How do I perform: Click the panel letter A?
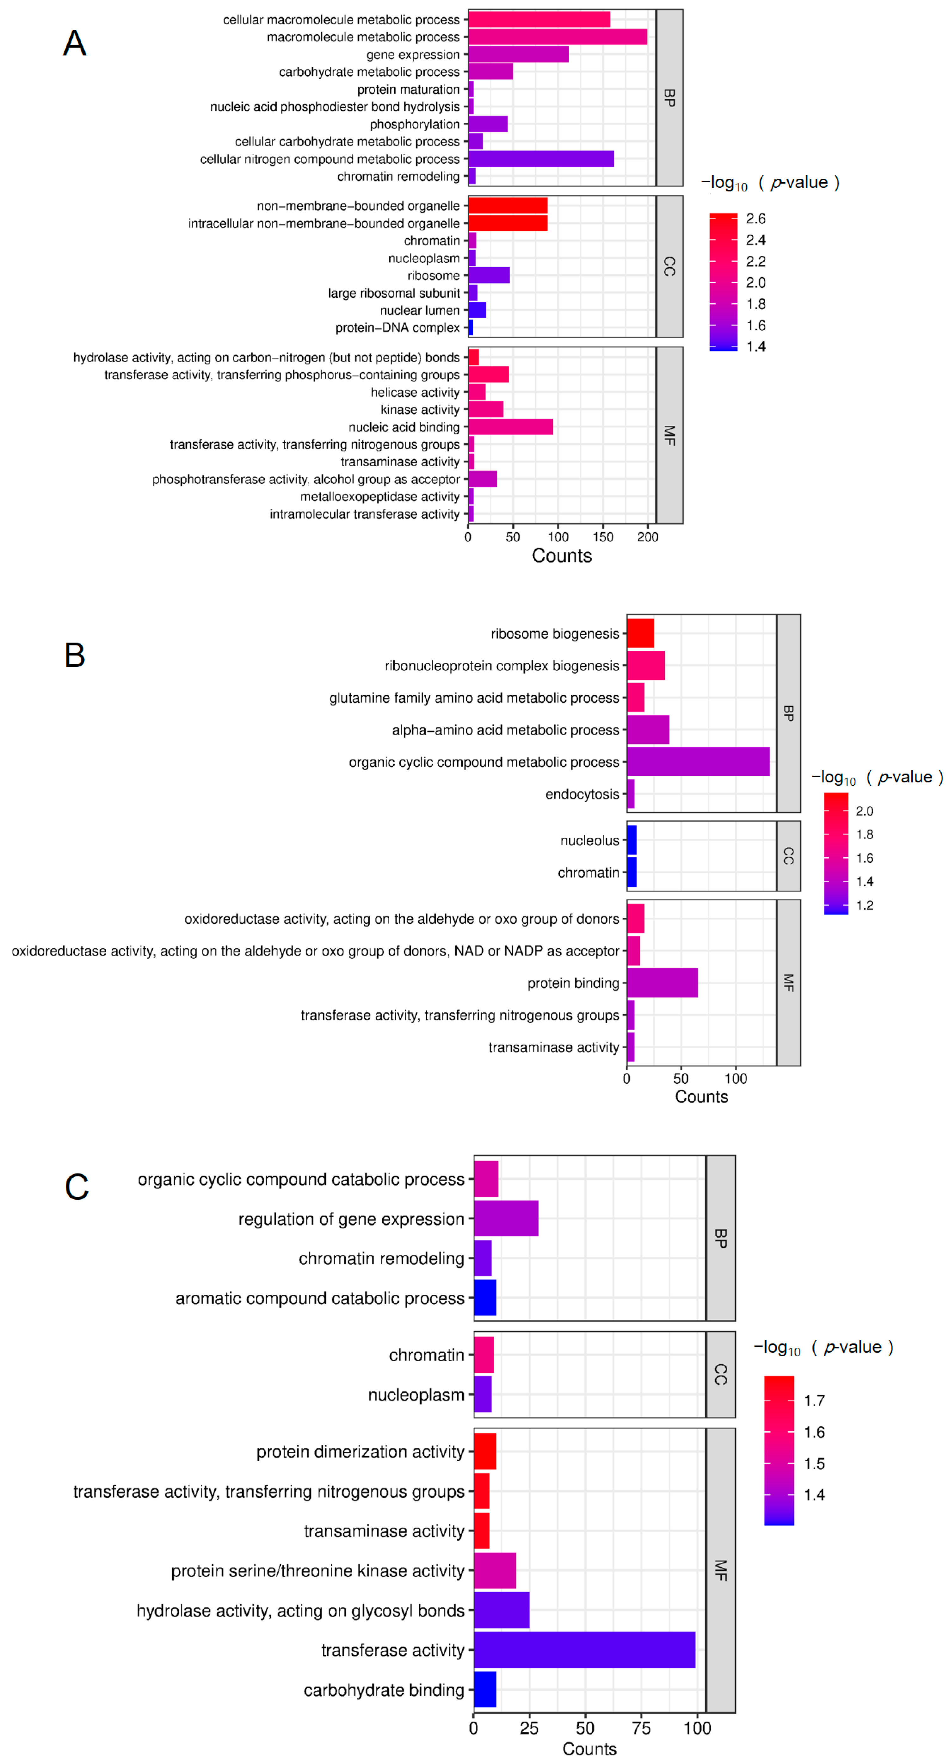pos(75,43)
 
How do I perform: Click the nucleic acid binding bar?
pos(510,427)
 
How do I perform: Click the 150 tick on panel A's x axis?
pos(602,537)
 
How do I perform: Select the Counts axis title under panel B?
pos(701,1096)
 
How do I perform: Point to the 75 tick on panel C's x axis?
pos(641,1728)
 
